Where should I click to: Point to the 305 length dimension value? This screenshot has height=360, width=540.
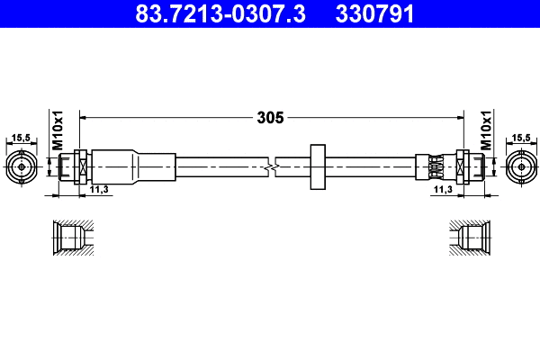[270, 117]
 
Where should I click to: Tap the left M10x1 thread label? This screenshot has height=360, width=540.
[57, 130]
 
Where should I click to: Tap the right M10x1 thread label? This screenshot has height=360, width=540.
[485, 130]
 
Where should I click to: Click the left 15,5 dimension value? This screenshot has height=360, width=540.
[20, 138]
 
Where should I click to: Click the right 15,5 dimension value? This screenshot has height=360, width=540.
[519, 138]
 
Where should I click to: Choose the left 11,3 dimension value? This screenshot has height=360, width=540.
[100, 190]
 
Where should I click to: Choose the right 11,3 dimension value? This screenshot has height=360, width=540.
[442, 190]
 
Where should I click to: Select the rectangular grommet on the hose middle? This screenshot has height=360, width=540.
[316, 166]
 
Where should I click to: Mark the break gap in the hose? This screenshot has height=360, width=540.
[274, 166]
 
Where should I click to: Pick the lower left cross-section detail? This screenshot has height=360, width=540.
[70, 238]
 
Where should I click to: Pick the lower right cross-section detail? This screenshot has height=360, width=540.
[469, 238]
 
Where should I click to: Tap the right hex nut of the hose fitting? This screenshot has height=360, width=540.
[463, 166]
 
